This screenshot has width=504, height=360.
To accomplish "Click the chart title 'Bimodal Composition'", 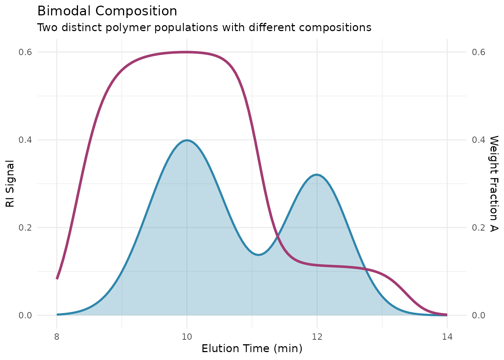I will click(107, 11).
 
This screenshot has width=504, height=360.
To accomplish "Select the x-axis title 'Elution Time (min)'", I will click(252, 349).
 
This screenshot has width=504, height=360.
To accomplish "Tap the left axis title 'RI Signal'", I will click(10, 183).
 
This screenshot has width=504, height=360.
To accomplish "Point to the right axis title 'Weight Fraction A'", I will click(494, 183).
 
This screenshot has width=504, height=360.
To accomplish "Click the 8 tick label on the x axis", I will click(57, 336).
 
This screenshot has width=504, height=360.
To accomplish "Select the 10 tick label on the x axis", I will click(187, 336).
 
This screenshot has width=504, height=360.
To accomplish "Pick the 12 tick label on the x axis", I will click(317, 336).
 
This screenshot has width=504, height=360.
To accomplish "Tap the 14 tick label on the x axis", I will click(447, 336).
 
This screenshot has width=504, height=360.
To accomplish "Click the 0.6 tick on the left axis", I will click(25, 52).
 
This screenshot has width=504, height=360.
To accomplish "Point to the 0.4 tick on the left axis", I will click(25, 140).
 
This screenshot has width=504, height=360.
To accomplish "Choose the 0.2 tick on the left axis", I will click(25, 228).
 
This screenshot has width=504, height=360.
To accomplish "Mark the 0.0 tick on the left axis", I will click(25, 315).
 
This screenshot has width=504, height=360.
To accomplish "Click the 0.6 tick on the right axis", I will click(478, 52).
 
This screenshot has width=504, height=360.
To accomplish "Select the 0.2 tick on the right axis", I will click(478, 228).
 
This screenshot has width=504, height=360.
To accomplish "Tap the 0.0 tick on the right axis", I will click(478, 315).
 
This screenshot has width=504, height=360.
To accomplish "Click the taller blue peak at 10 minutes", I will click(187, 140).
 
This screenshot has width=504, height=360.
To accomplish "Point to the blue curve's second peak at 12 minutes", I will click(317, 175).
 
